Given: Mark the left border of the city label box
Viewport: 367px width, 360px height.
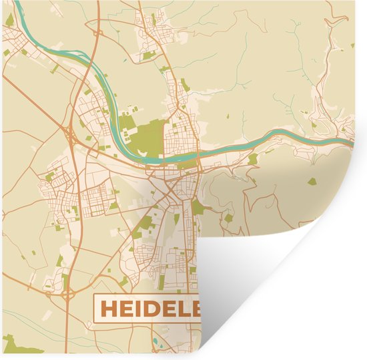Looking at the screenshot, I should pyautogui.click(x=94, y=309).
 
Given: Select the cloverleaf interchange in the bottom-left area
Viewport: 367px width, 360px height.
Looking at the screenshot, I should pyautogui.click(x=48, y=288).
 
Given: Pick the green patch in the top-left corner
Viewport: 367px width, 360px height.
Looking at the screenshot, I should pyautogui.click(x=9, y=20).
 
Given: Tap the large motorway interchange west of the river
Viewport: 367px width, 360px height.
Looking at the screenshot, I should pyautogui.click(x=69, y=127).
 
